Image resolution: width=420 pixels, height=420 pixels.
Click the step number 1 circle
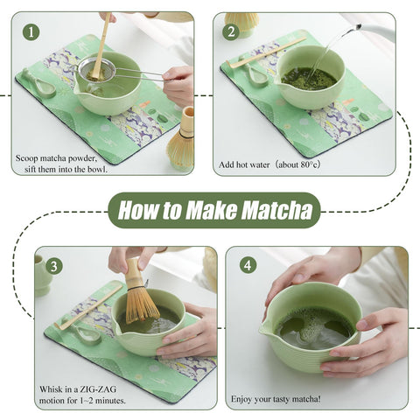tap(32, 32)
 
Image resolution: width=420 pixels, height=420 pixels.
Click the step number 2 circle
tap(232, 32)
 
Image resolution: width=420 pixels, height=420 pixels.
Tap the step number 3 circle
tap(54, 266)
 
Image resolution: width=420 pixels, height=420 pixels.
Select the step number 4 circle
tap(248, 264)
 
